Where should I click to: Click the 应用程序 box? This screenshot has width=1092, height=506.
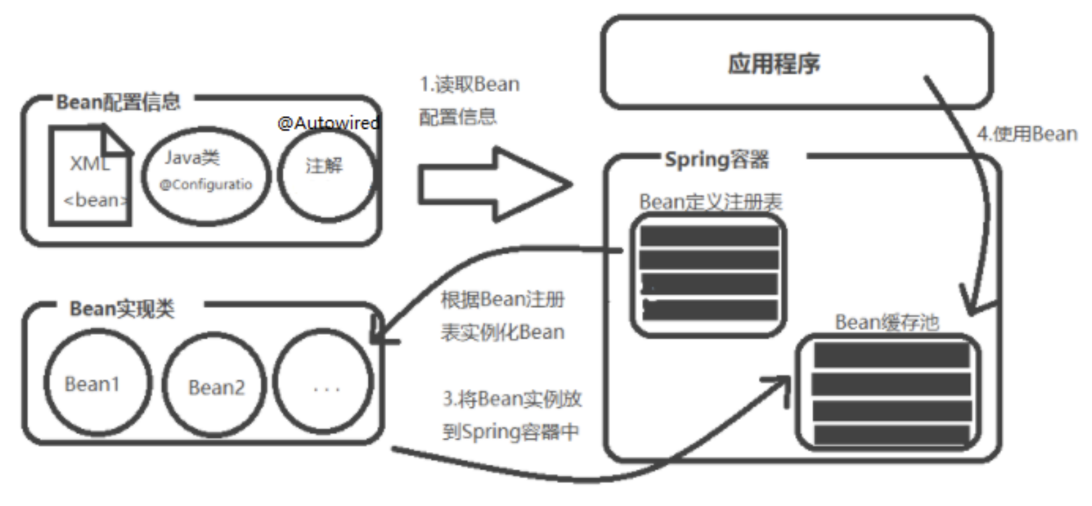(x=797, y=63)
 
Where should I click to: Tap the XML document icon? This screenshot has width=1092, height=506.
(x=91, y=176)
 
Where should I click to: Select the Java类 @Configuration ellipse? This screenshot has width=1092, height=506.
(x=206, y=175)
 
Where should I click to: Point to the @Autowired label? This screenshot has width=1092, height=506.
(x=328, y=123)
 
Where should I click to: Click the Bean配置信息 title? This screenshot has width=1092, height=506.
(x=118, y=103)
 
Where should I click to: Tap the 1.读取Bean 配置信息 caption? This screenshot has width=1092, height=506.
(x=469, y=101)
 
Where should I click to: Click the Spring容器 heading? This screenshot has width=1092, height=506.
(x=716, y=159)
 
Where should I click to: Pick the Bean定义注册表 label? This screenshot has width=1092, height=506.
(x=711, y=202)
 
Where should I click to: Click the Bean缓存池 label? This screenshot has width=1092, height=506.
(x=886, y=322)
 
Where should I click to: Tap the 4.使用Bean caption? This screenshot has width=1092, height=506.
(x=1027, y=134)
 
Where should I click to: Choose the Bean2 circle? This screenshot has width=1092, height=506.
(x=215, y=387)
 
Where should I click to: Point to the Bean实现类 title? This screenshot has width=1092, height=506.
(x=122, y=309)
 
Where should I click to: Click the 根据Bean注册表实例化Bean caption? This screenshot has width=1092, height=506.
(x=503, y=316)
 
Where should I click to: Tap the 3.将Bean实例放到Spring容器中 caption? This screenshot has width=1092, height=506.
(x=511, y=415)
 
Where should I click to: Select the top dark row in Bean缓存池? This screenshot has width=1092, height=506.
(x=891, y=356)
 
